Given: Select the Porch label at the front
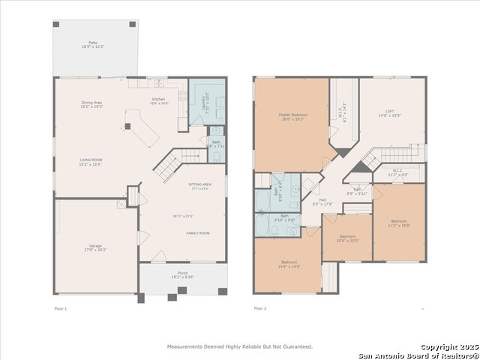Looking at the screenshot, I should [x=182, y=274].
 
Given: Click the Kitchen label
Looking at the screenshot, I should [x=159, y=100].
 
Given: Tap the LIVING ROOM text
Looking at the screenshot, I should [x=91, y=160].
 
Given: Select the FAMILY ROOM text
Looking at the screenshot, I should [x=198, y=233].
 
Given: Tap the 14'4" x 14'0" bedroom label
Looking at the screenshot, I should [x=289, y=265].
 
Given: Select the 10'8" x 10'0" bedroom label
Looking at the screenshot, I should [x=347, y=238].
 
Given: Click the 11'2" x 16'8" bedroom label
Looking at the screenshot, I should [x=399, y=223].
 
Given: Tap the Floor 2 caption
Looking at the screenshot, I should [x=260, y=309].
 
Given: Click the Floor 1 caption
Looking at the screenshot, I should [x=61, y=309].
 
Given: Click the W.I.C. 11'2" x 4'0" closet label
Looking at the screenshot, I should [x=397, y=172].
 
